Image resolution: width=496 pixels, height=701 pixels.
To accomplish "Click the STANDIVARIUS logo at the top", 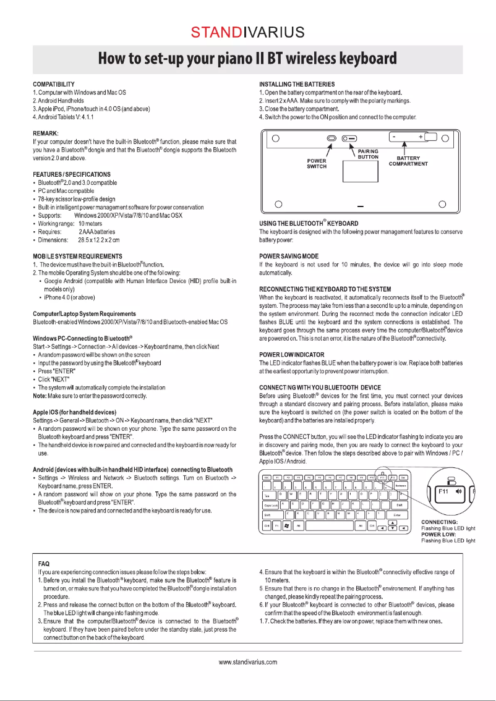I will [247, 32].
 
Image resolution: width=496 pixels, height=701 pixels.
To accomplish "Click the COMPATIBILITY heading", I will [54, 84].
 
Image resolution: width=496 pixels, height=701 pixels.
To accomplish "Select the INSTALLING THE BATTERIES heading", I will [297, 84].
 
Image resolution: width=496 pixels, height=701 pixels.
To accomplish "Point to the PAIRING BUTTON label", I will [368, 154].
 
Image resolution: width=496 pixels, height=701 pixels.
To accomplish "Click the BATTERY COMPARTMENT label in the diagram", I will [408, 161].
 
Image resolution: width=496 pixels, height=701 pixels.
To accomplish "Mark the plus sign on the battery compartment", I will [421, 136].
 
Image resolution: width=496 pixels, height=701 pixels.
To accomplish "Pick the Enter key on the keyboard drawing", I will [396, 514].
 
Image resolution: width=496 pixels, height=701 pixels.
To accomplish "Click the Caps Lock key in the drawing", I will [271, 505].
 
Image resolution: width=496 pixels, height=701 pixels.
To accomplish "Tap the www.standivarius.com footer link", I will [247, 662].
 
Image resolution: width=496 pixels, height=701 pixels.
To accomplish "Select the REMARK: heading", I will [46, 133].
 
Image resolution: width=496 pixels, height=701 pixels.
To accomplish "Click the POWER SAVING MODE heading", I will [289, 256].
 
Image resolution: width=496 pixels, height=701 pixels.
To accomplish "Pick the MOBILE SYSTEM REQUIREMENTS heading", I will [77, 256].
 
